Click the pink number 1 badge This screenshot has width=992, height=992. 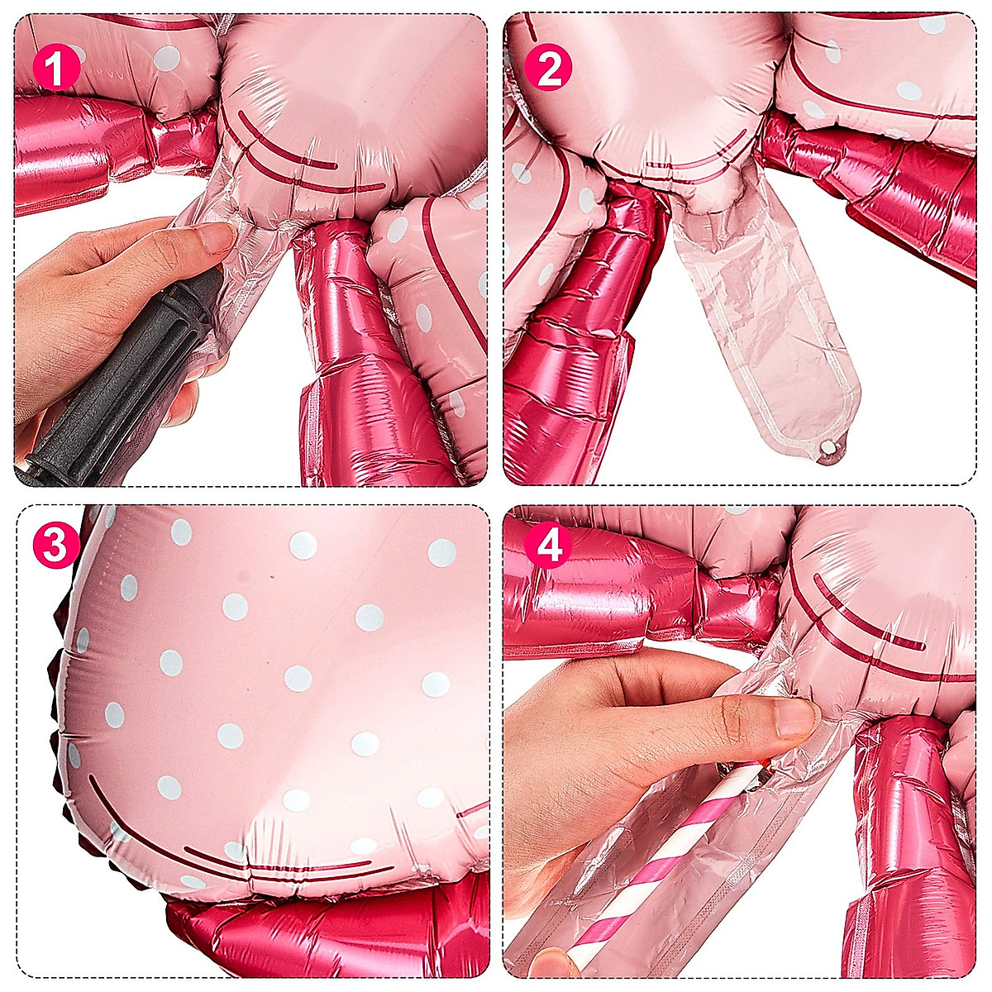click(x=56, y=67)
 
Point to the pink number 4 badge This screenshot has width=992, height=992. click(x=548, y=546)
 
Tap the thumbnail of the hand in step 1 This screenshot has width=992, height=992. click(x=217, y=239)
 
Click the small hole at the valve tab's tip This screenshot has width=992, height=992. click(x=827, y=446)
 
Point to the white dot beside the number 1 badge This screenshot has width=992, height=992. click(x=167, y=56)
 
